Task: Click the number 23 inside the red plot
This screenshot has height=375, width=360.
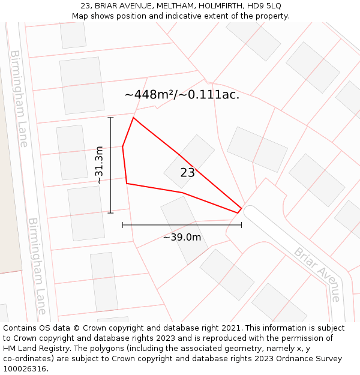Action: coord(187,173)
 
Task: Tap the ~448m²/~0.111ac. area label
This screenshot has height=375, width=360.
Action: coord(182,95)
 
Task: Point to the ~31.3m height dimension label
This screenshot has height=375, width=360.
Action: coord(100,165)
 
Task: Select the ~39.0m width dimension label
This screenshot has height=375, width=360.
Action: coord(182,237)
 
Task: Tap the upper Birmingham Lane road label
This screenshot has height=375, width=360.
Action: coord(19,98)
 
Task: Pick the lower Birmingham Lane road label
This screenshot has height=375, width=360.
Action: coord(37,266)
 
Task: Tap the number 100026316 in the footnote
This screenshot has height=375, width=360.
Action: coord(25,368)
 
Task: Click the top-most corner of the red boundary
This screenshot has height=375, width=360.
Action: coord(133,118)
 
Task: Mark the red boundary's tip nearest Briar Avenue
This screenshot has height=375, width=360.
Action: coord(241,209)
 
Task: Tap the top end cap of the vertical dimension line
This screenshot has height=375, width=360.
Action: coord(110,118)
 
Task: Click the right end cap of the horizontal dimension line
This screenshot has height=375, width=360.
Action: coord(241,225)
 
